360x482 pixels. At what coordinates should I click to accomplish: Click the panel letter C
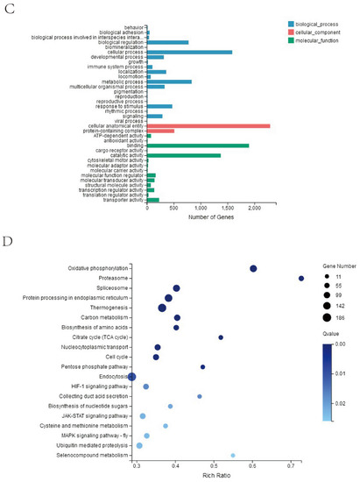pos(7,9)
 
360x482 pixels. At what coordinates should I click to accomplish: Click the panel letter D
pos(7,241)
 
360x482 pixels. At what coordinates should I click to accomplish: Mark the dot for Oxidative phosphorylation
pos(253,268)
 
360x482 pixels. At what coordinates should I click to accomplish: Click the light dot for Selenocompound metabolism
pos(233,455)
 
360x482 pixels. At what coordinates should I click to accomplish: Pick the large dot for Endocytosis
pos(132,376)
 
